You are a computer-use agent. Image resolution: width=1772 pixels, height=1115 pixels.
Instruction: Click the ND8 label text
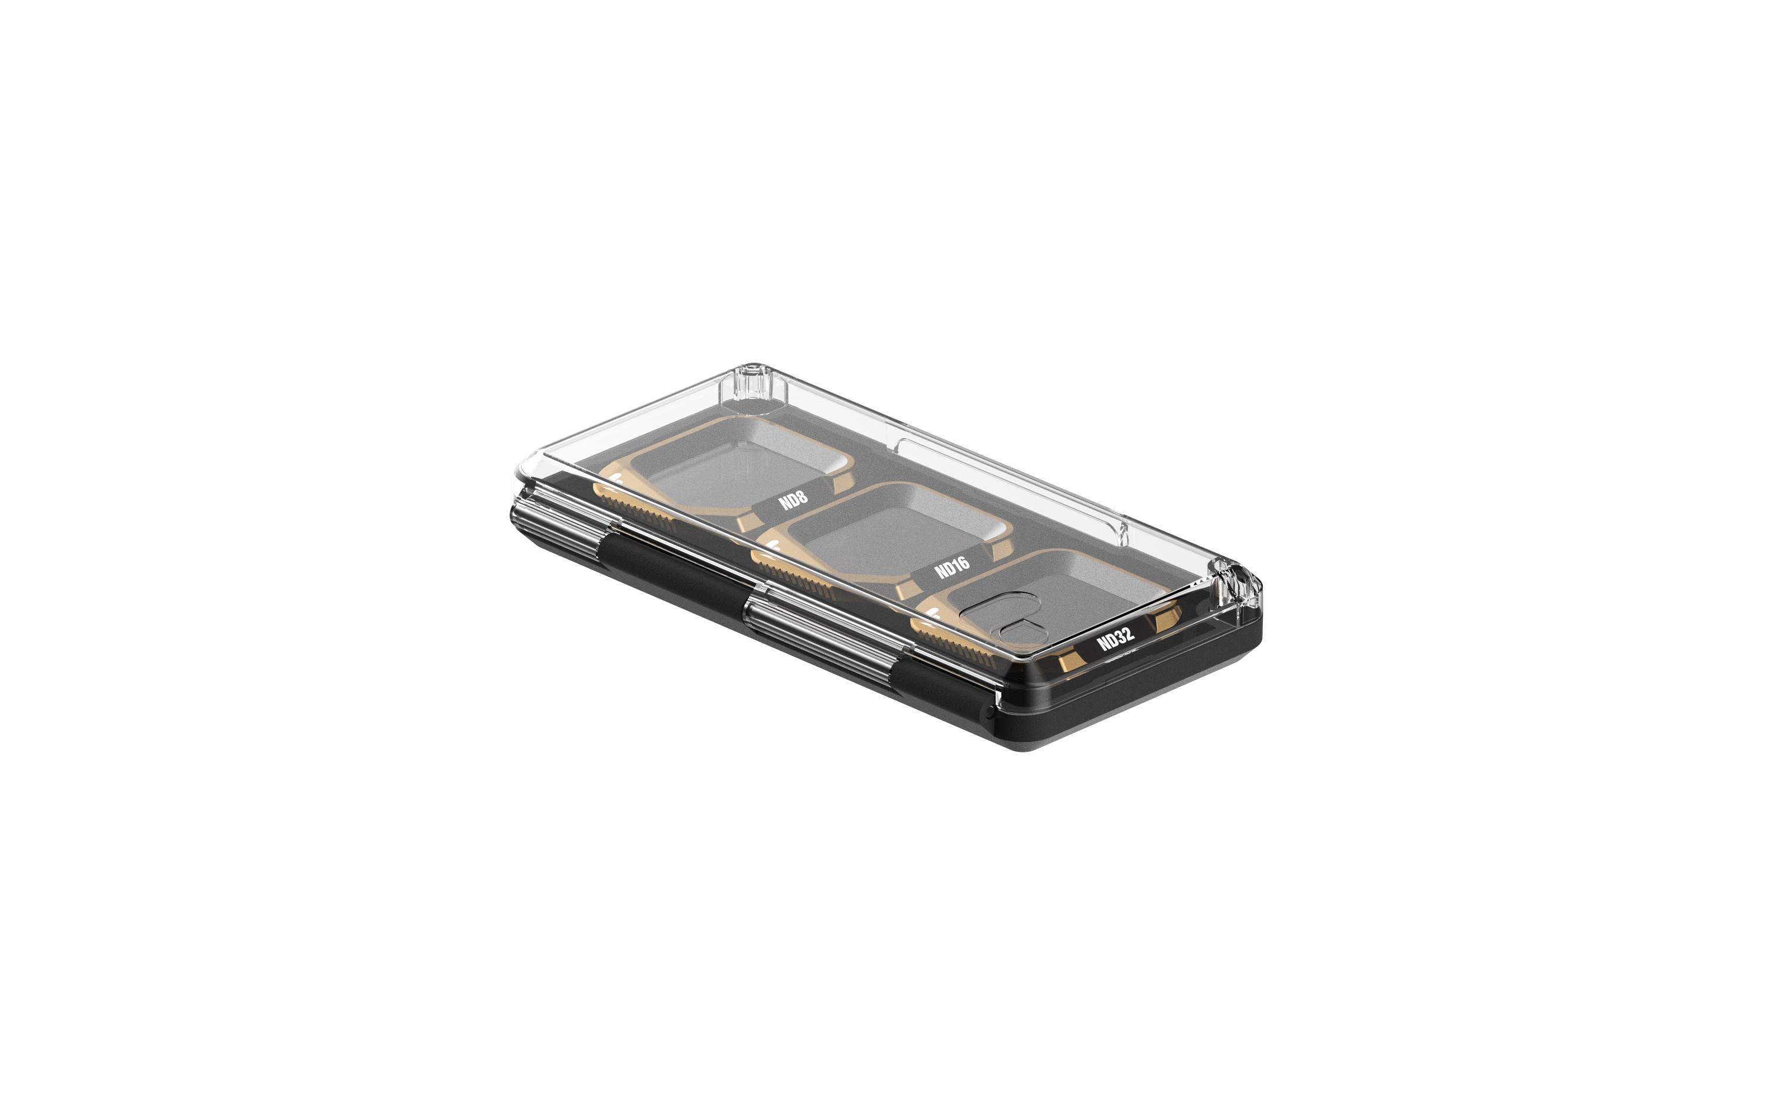tap(793, 499)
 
